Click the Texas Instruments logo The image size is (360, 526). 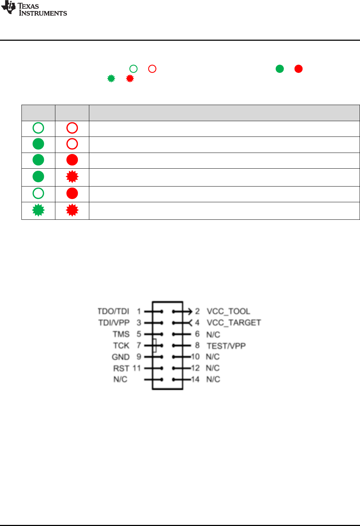[x=34, y=9]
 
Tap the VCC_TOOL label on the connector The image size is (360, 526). [x=228, y=311]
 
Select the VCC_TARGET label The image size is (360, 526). [x=234, y=323]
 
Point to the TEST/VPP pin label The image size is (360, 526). [x=226, y=346]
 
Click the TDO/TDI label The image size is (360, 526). [x=113, y=311]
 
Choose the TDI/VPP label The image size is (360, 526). [x=114, y=323]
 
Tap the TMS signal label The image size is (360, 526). [x=121, y=334]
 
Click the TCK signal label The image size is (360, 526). [x=121, y=346]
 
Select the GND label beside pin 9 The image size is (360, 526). [x=120, y=357]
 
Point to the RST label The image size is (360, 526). [x=121, y=368]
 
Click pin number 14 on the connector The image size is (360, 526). [x=195, y=379]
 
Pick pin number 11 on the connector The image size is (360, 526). [x=137, y=368]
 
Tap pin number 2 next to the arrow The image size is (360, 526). [x=197, y=311]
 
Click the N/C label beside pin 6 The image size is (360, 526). [x=213, y=335]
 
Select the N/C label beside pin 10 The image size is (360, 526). [x=212, y=357]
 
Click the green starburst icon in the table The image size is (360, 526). [x=38, y=210]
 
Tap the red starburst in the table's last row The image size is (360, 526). [x=72, y=210]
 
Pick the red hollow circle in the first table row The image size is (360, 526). [x=72, y=128]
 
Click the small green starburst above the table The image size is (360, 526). [x=111, y=79]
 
